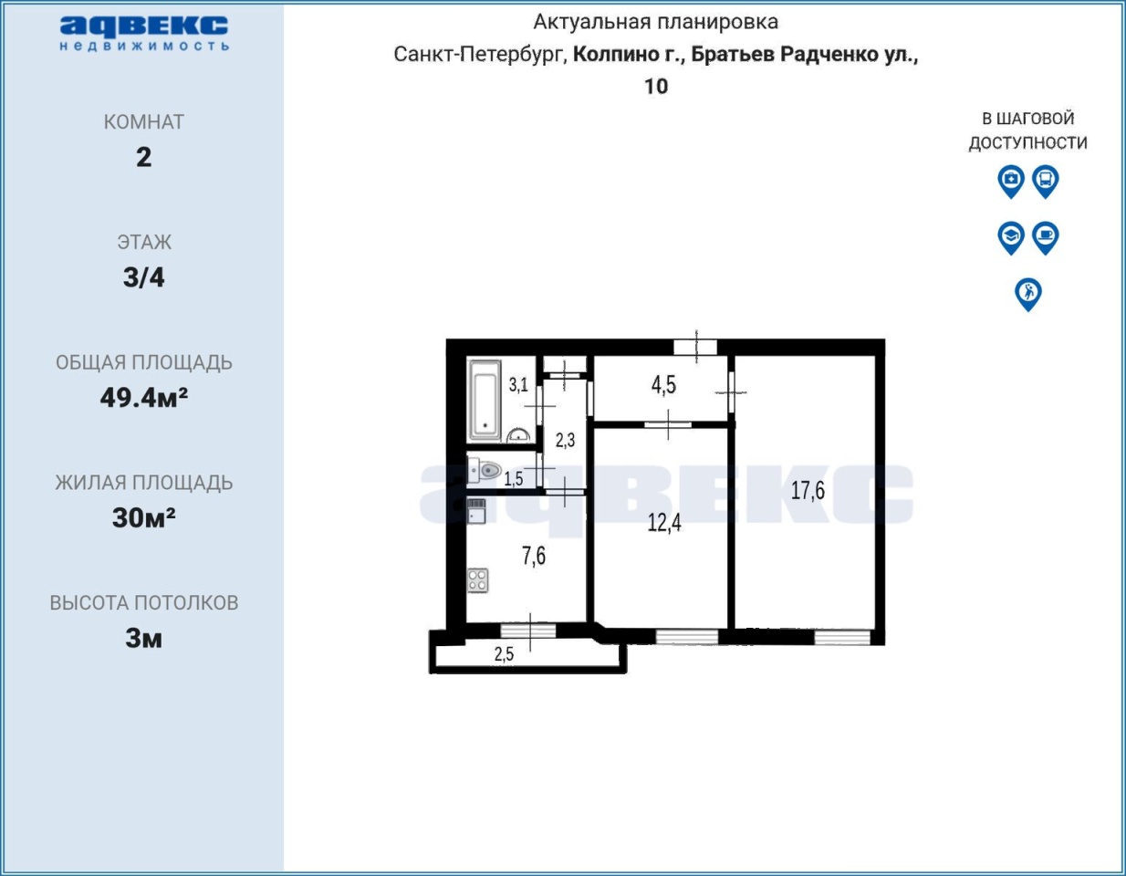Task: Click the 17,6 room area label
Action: tap(808, 491)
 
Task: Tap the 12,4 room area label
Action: tap(664, 523)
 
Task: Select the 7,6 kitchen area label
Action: tap(534, 556)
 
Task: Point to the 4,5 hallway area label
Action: tap(663, 385)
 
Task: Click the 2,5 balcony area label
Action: tap(504, 654)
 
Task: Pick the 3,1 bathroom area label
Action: tap(518, 385)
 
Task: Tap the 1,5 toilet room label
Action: tap(514, 479)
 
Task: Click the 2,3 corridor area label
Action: tap(565, 441)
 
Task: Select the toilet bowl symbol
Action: tap(485, 470)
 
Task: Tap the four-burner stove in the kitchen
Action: tap(478, 580)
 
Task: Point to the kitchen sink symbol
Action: tap(476, 511)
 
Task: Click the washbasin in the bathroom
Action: tap(518, 435)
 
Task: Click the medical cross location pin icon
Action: tap(1011, 182)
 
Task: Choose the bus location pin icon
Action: tap(1045, 182)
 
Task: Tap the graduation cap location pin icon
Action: tap(1011, 238)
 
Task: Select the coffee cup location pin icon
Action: tap(1045, 238)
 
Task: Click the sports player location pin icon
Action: tap(1028, 295)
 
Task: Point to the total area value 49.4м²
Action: tap(143, 398)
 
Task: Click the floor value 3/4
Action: tap(143, 277)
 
